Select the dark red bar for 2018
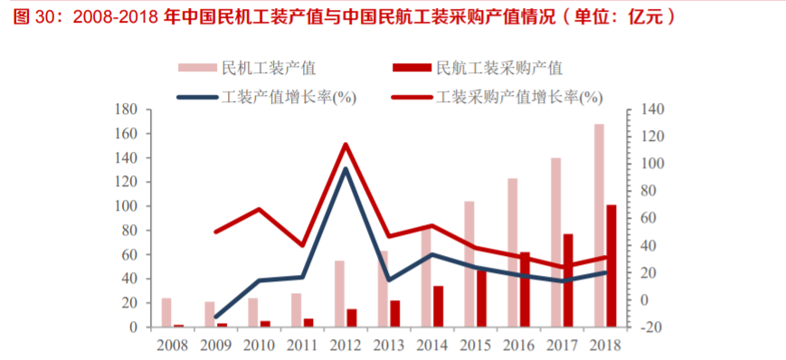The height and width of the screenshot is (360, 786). click(611, 266)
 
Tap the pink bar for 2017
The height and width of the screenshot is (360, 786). click(555, 242)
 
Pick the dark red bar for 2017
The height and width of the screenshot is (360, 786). click(568, 280)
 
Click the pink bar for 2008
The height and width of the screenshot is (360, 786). click(166, 312)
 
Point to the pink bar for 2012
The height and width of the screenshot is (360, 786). click(339, 293)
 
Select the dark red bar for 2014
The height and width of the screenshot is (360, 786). click(439, 306)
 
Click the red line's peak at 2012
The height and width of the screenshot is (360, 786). click(345, 145)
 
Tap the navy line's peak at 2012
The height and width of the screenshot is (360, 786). click(345, 168)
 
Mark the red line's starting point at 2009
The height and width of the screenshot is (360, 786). click(216, 232)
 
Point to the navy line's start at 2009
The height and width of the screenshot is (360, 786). click(216, 317)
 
